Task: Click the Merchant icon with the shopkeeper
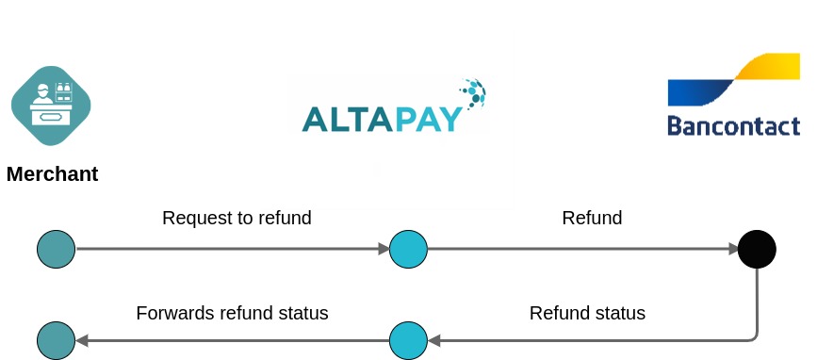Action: (51, 106)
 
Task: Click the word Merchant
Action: (52, 174)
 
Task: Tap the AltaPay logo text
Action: (382, 119)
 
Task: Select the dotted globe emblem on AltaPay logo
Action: (472, 91)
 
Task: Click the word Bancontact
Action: (733, 125)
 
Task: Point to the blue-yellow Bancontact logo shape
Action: (733, 80)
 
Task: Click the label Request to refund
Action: (237, 218)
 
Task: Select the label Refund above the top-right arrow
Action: (592, 218)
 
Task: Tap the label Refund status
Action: (587, 313)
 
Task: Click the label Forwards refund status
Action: (232, 313)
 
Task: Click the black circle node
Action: (757, 250)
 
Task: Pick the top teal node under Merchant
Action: (56, 250)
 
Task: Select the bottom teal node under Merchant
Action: (56, 340)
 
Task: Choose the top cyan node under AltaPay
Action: (408, 250)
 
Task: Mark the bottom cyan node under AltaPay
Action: (408, 340)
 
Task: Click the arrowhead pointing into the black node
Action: (732, 250)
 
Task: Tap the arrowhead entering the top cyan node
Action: (384, 250)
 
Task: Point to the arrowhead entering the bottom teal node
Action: (81, 340)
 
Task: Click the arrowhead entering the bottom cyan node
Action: (433, 340)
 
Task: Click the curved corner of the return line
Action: (753, 335)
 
